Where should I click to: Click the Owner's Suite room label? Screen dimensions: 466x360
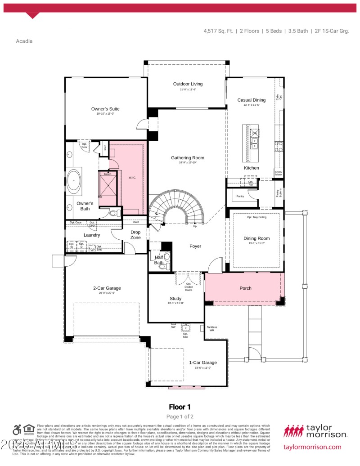tap(105, 109)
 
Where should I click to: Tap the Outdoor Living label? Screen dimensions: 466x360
tap(188, 84)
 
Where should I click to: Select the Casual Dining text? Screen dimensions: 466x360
tap(251, 100)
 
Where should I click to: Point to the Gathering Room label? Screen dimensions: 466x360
tap(187, 158)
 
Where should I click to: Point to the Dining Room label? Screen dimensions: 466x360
tap(256, 238)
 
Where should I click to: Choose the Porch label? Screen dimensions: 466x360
tap(245, 288)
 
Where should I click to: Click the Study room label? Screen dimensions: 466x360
tap(175, 299)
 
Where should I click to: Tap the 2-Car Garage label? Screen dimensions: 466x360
tap(107, 288)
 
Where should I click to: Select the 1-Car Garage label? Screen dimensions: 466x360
tap(202, 363)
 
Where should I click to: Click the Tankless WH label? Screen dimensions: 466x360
tap(211, 329)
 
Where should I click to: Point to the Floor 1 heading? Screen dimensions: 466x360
tap(180, 407)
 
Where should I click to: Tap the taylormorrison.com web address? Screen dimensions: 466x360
tap(312, 447)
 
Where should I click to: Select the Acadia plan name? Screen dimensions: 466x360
tap(24, 41)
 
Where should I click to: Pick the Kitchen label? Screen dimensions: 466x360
tap(251, 168)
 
